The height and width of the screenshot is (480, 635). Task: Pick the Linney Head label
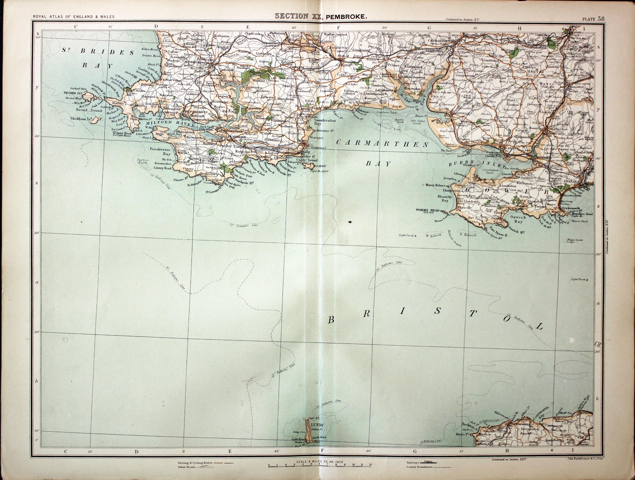pos(163,168)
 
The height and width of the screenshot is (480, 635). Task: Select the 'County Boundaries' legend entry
pos(419,467)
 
